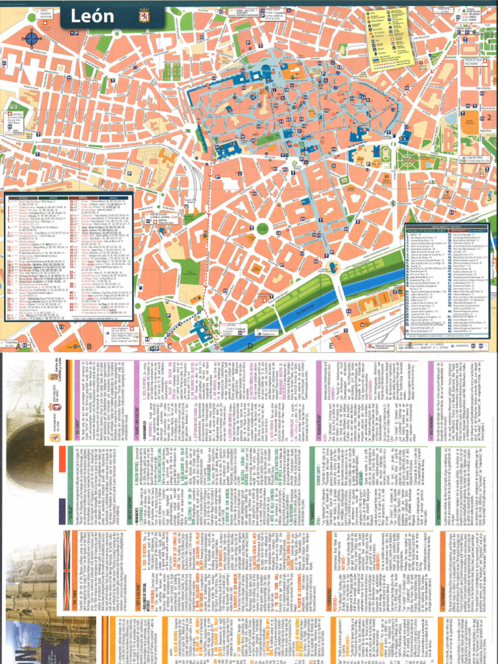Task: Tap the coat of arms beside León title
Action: (x=143, y=16)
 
